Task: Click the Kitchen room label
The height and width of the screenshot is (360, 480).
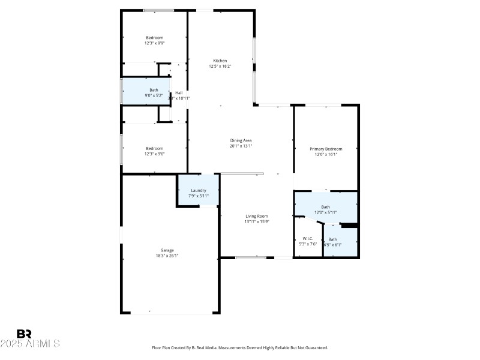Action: [x=220, y=60]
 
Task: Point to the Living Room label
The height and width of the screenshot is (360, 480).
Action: [x=256, y=216]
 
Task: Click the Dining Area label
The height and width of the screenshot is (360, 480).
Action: [x=241, y=140]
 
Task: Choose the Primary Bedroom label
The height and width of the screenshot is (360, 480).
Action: [x=326, y=149]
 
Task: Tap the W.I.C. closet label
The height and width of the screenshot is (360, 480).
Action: [x=308, y=238]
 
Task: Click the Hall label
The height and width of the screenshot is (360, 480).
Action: [x=179, y=92]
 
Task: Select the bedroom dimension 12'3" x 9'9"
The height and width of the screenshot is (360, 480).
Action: [x=154, y=43]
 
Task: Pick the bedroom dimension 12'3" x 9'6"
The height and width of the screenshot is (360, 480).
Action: [x=154, y=154]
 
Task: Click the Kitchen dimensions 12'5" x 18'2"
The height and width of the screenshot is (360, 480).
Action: [x=220, y=66]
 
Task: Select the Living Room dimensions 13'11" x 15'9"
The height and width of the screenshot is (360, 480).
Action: [x=256, y=221]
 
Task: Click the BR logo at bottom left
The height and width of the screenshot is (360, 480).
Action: [x=24, y=334]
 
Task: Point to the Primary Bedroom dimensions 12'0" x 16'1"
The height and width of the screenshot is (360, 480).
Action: [x=326, y=154]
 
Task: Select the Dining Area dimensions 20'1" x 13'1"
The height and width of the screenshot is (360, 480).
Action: [x=241, y=146]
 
